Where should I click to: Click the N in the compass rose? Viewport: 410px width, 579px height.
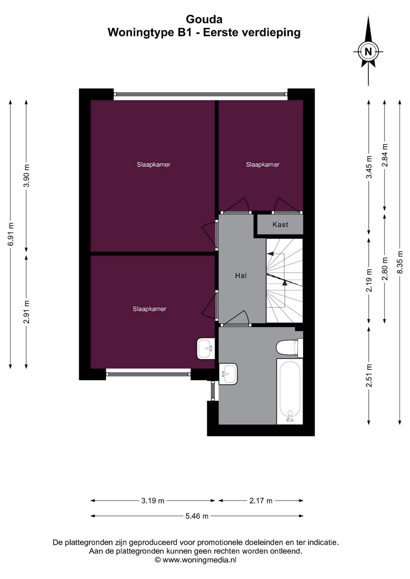[368, 52]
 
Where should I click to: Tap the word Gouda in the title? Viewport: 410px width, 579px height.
[204, 19]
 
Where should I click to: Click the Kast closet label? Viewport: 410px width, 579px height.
[280, 224]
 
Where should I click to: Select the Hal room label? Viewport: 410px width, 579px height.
[241, 275]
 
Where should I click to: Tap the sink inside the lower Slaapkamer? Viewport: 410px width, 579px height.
[206, 349]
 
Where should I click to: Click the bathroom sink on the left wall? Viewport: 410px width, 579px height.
[228, 374]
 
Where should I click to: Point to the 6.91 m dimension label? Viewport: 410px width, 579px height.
[11, 234]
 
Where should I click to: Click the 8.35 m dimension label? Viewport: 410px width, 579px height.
[400, 262]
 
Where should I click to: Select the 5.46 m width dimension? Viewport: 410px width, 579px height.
[197, 516]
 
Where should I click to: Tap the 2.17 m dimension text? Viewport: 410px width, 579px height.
[261, 501]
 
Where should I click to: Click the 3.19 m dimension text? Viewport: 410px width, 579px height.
[153, 501]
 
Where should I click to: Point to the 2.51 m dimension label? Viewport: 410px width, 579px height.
[369, 375]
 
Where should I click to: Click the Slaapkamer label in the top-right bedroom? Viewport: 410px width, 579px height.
[263, 164]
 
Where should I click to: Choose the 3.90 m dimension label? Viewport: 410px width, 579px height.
[27, 176]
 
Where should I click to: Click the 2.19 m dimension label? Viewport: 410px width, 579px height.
[369, 280]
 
